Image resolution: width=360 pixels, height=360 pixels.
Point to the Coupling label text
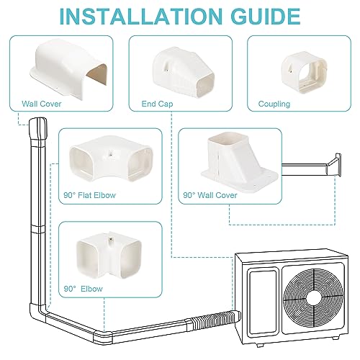tap(274, 104)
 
